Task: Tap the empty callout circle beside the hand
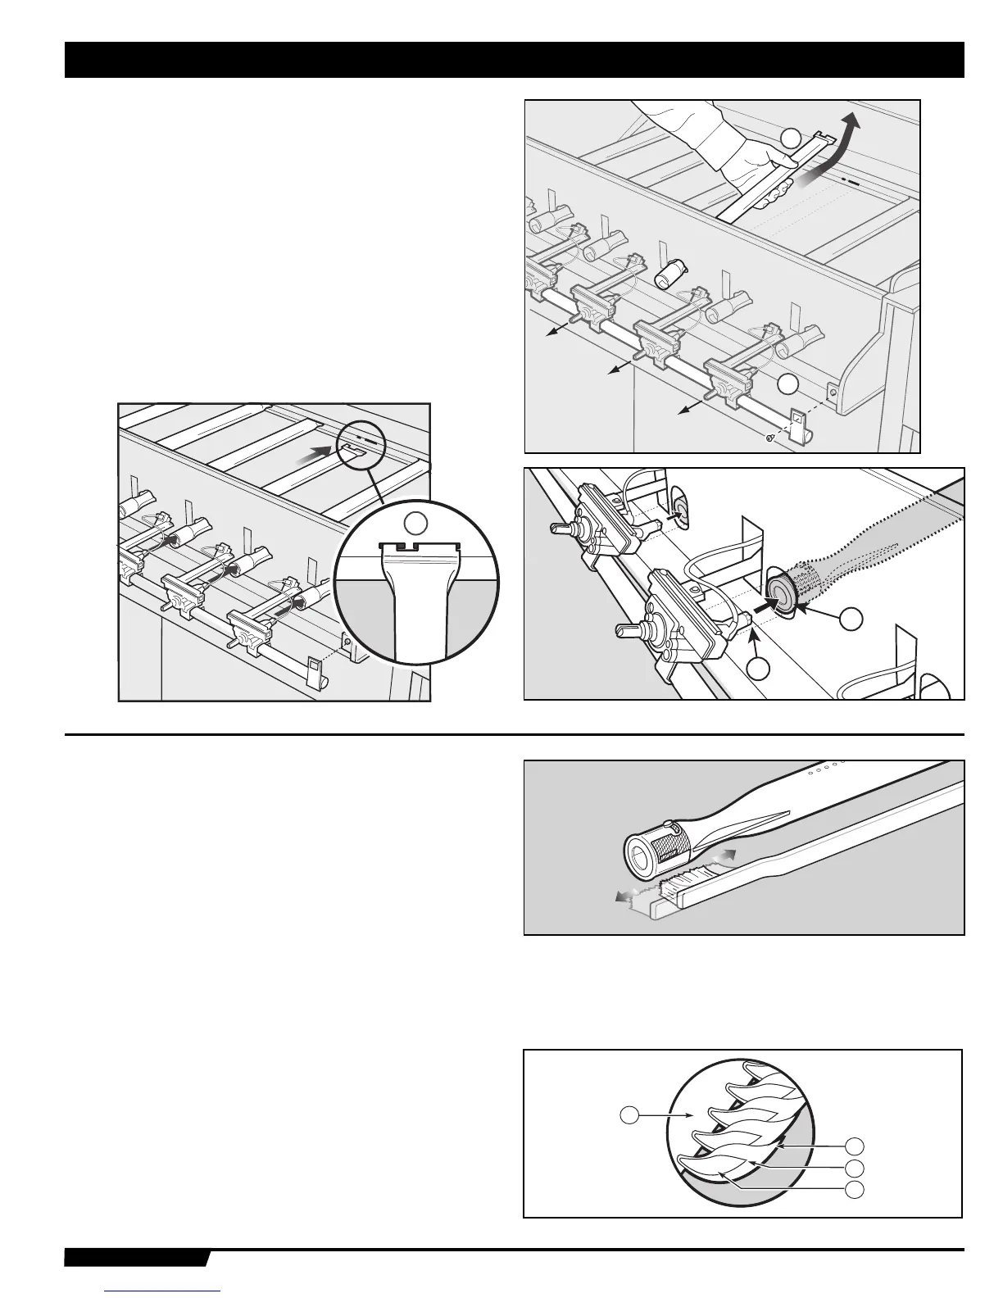click(789, 137)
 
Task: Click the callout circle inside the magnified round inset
click(418, 523)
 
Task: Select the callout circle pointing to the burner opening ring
click(852, 619)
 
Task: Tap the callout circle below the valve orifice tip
click(760, 668)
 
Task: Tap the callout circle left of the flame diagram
click(627, 1114)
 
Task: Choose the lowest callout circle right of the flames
click(854, 1188)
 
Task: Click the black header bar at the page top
click(514, 60)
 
